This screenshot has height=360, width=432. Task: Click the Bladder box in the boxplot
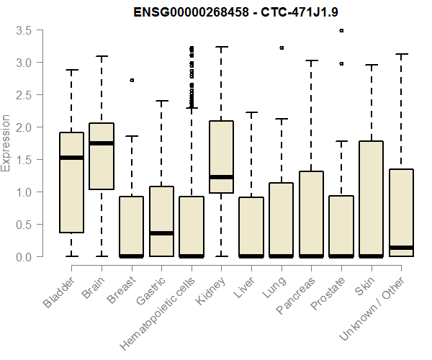pos(71,194)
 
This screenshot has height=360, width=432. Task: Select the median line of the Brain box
pos(102,143)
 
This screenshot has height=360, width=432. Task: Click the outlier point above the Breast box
pos(132,80)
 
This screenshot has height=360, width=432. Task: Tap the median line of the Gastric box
pos(161,233)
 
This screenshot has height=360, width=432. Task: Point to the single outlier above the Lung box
pos(282,48)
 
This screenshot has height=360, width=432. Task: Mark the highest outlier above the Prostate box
pos(341,31)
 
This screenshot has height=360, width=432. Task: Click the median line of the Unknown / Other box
pos(402,248)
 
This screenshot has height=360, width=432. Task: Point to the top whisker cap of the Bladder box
pos(71,70)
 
